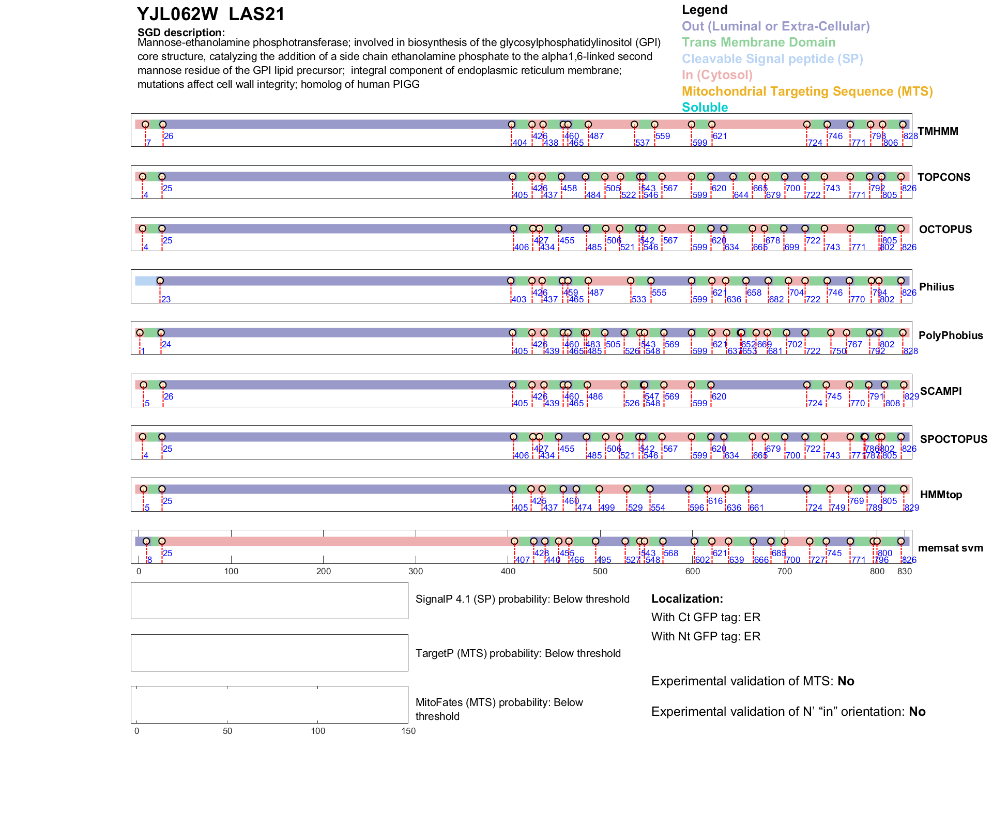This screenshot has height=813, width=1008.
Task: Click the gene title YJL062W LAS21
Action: click(211, 14)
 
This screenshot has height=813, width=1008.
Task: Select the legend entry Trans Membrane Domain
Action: click(758, 42)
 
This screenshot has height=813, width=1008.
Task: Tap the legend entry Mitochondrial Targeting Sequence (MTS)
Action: click(807, 91)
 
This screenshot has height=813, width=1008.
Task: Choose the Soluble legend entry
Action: click(705, 108)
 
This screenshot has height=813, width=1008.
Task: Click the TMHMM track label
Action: click(938, 131)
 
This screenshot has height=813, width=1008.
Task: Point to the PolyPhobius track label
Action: click(950, 335)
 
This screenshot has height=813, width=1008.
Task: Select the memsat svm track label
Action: click(950, 548)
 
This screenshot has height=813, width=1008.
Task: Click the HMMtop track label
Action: click(941, 495)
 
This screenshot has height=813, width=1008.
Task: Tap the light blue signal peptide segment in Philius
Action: click(146, 281)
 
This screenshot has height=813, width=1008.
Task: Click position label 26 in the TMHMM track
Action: click(169, 136)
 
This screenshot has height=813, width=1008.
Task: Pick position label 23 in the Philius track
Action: click(166, 300)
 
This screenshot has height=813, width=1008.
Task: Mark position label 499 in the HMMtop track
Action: click(607, 508)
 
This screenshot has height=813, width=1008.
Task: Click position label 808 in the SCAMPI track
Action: click(893, 404)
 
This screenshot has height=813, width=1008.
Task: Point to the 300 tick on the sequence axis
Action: click(416, 571)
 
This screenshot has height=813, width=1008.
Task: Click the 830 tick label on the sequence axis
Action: click(905, 571)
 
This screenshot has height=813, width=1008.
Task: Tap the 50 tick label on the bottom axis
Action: click(227, 731)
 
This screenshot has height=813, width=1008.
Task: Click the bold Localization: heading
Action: click(687, 599)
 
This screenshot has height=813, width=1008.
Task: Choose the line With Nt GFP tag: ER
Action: click(706, 636)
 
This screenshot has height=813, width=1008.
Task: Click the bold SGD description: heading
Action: click(181, 33)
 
